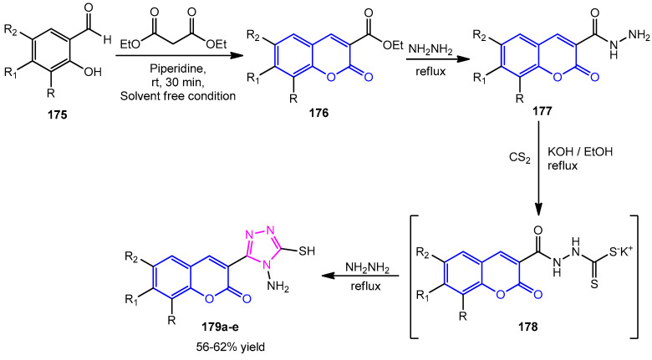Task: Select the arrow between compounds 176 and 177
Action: click(x=430, y=66)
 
